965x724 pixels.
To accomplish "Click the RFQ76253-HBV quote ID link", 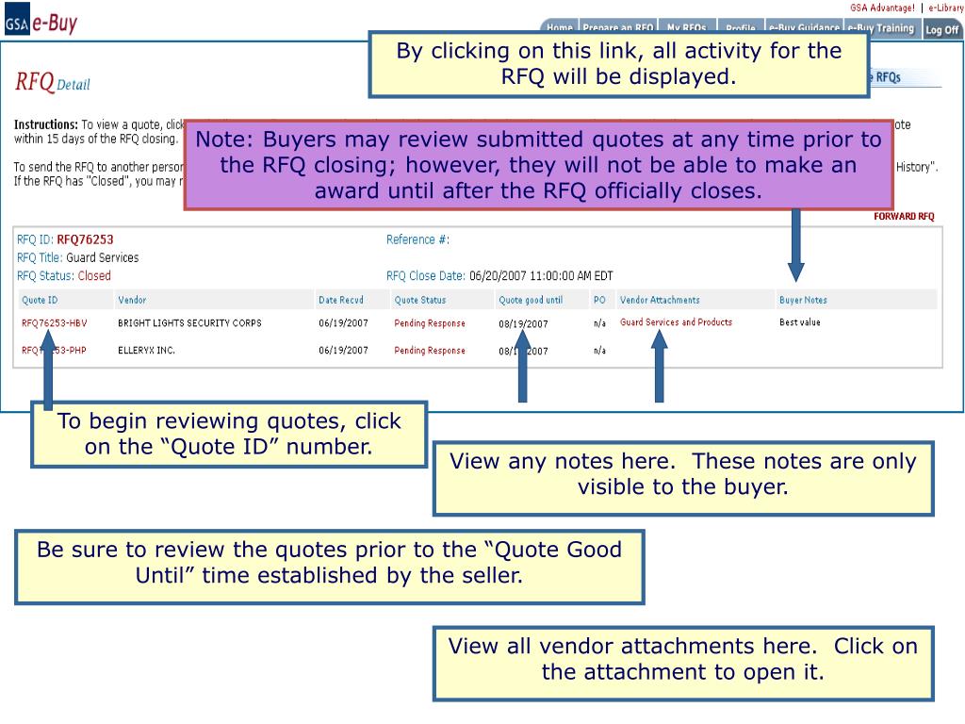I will [55, 323].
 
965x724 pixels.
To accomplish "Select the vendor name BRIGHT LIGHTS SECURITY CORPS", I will [189, 323].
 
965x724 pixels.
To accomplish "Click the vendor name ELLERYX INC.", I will [146, 351].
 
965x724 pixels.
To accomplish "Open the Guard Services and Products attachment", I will [676, 322].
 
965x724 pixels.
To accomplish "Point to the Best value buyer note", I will [799, 322].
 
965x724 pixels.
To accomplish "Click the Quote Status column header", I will [419, 301].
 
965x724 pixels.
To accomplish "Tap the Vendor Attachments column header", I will [660, 301].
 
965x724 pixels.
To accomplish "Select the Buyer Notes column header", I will [803, 301].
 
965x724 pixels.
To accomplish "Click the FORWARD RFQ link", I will [904, 217].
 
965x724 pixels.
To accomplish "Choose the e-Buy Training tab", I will [880, 28].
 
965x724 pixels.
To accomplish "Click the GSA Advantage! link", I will [882, 8].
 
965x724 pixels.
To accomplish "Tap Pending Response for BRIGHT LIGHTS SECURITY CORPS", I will [429, 323].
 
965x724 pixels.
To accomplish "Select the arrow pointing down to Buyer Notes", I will [796, 245].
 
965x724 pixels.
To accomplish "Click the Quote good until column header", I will [530, 301].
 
